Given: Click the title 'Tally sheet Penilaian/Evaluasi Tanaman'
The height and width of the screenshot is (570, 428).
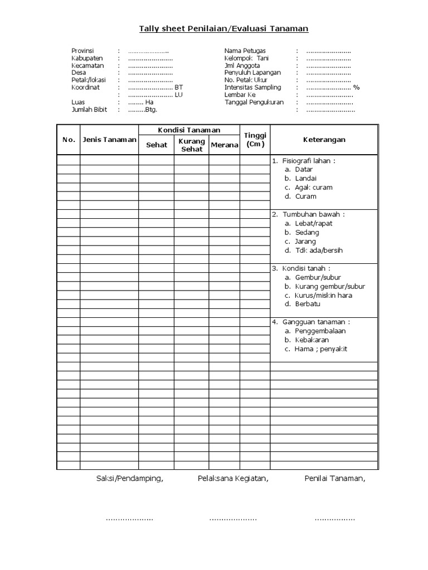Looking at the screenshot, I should (223, 28).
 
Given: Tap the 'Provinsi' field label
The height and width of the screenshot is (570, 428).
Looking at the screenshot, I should (82, 51).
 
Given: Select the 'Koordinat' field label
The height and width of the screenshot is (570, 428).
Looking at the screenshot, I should (85, 87).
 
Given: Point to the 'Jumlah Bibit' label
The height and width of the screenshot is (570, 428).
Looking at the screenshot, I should (89, 110).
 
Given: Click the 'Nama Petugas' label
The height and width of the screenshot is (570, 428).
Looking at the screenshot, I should (245, 51).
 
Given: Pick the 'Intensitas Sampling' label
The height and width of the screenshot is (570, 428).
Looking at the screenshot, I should (252, 87).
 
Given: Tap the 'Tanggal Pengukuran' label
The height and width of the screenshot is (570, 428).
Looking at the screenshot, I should (254, 102).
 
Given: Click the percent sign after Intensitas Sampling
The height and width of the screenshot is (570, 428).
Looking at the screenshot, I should (357, 87).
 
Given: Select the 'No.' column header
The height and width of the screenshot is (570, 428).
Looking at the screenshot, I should (69, 140).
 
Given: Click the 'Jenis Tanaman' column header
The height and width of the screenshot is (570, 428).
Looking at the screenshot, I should (109, 140).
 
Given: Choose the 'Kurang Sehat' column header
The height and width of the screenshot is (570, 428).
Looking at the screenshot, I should (192, 145).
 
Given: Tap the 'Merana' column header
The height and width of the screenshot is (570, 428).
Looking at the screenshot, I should (225, 145).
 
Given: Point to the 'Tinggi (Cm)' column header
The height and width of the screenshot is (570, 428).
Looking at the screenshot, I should (255, 140).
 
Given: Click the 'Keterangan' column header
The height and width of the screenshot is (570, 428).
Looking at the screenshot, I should (324, 140).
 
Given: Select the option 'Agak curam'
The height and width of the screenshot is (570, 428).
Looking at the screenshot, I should (313, 188).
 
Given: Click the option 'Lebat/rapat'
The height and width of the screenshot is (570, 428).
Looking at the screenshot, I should (314, 223).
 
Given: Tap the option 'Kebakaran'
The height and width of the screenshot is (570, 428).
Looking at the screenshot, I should (312, 340).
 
